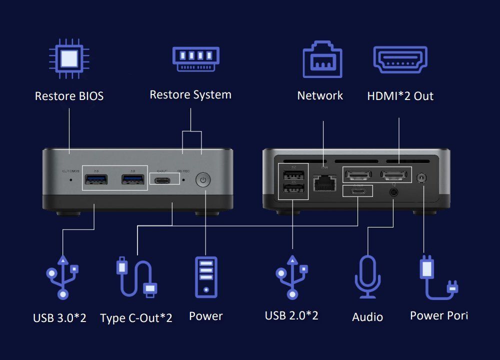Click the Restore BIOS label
coord(69,96)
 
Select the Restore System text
coord(190,94)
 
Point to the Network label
coord(320,95)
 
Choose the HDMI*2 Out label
coord(400,96)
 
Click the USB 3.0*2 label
coord(59,318)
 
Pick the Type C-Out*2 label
coord(136,318)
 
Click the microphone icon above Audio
coord(367,277)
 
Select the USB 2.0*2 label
coord(291,315)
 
